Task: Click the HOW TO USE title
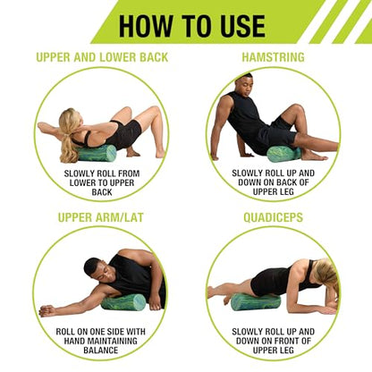(192, 26)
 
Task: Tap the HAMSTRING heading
(273, 57)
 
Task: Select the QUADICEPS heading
(273, 217)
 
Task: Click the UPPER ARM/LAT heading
(101, 217)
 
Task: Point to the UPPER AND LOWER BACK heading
(102, 57)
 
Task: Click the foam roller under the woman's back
(97, 153)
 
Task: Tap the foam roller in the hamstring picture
(283, 154)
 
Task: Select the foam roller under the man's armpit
(123, 302)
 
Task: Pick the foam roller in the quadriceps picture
(256, 302)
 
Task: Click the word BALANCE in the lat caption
(101, 350)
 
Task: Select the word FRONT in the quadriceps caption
(288, 341)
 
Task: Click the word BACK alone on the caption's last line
(102, 192)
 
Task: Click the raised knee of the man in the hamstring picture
(297, 109)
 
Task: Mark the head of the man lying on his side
(96, 270)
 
